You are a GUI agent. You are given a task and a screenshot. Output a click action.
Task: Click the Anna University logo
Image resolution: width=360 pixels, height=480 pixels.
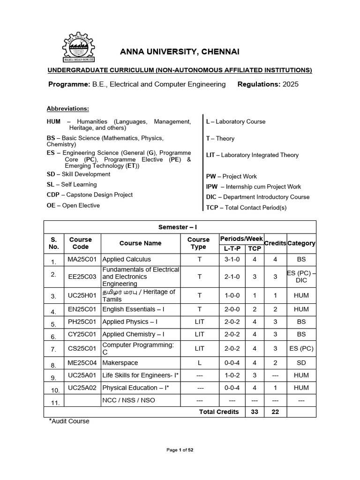click(x=79, y=47)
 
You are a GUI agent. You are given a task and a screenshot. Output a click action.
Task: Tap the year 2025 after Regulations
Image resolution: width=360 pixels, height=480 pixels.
click(x=290, y=84)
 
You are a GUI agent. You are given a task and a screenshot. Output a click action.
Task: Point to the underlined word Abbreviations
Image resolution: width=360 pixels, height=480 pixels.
click(x=67, y=109)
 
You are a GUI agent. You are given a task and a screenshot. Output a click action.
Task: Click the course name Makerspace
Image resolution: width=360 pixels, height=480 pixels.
click(x=120, y=362)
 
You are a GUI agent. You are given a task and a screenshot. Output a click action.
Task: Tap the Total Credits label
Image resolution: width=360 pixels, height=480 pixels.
click(x=219, y=412)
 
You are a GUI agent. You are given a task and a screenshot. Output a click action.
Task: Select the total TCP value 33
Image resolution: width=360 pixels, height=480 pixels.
click(x=255, y=412)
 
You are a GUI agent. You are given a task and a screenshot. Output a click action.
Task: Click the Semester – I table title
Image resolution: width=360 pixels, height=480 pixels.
click(x=180, y=227)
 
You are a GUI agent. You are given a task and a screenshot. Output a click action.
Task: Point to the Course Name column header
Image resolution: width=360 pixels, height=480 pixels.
click(x=140, y=243)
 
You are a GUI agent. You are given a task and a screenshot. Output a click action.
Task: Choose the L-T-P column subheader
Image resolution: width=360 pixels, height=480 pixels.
click(x=232, y=248)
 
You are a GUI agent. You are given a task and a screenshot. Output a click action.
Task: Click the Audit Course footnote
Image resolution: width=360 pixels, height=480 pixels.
click(x=69, y=421)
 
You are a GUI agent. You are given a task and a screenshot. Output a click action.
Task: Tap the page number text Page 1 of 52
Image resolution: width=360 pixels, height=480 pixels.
click(x=180, y=450)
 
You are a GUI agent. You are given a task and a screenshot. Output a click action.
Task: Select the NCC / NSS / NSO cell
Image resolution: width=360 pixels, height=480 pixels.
click(x=128, y=400)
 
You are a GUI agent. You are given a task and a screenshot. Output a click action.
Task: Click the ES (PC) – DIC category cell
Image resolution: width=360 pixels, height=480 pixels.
click(x=301, y=277)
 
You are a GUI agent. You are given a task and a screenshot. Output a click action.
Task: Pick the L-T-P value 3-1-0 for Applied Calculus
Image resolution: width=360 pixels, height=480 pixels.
click(x=232, y=259)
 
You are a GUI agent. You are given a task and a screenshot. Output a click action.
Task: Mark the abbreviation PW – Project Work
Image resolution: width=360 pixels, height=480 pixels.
click(x=232, y=176)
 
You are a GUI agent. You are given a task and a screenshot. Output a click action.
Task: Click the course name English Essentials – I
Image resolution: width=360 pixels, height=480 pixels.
click(x=133, y=309)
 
